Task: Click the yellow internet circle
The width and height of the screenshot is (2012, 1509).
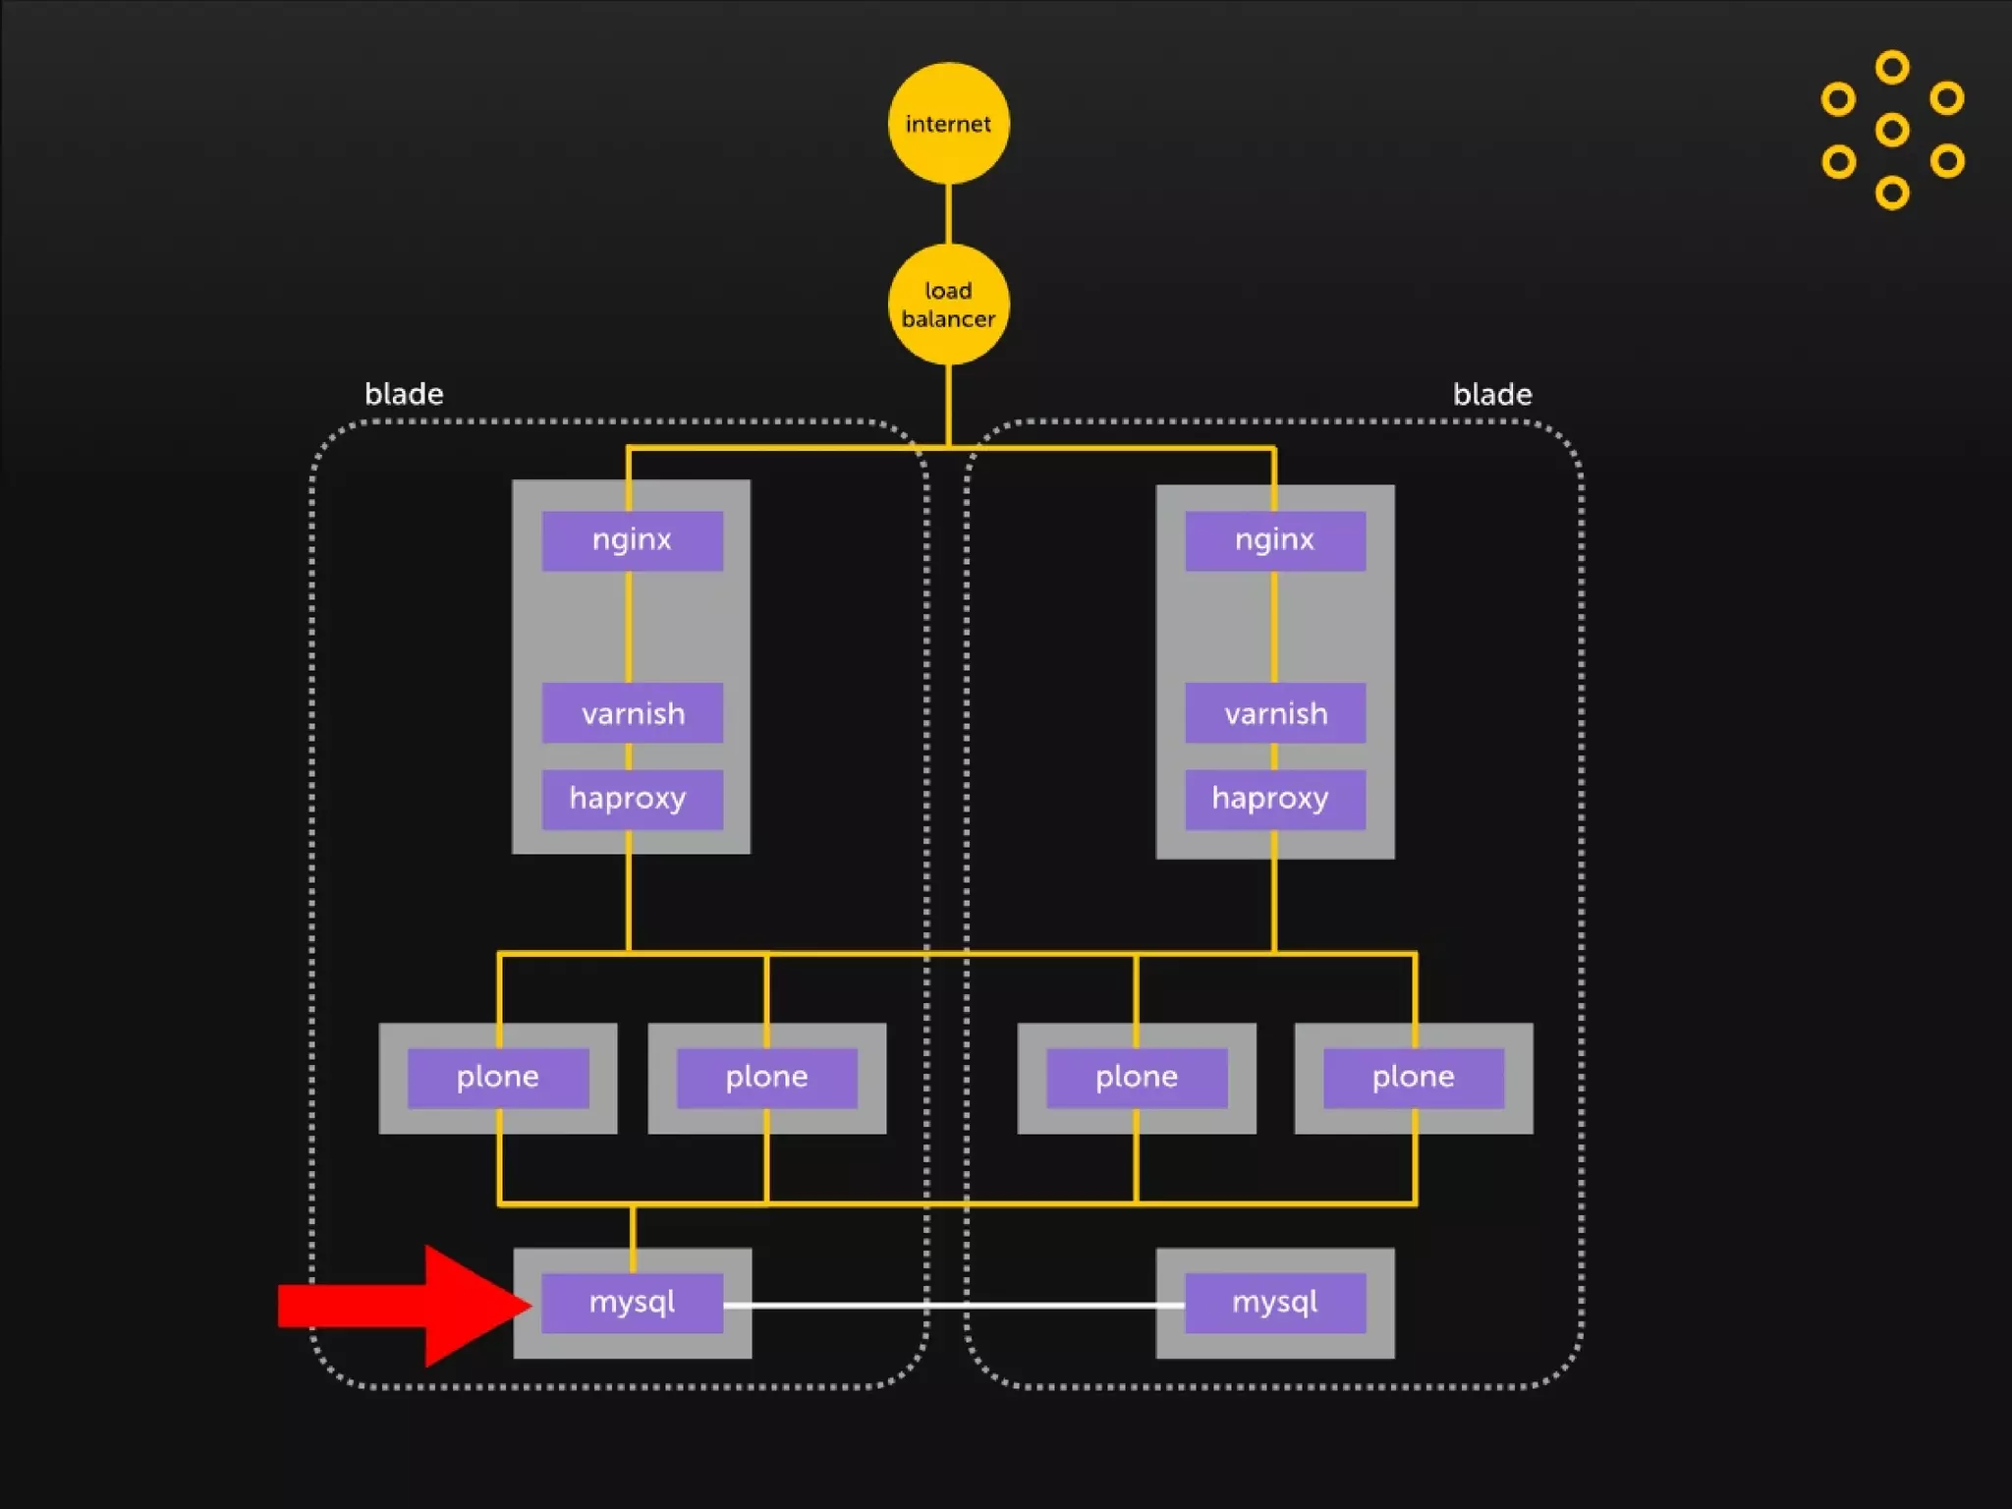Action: coord(948,124)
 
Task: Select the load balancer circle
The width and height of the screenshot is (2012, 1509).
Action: coord(948,305)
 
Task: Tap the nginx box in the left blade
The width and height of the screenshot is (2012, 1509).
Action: coord(632,540)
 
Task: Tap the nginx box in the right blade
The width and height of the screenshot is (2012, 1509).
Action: coord(1274,540)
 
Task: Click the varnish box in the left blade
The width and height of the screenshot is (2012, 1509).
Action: coord(632,713)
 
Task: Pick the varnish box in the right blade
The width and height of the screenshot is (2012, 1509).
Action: coord(1274,713)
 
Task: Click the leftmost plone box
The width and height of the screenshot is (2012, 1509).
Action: coord(498,1078)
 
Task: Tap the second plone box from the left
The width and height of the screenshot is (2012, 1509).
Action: coord(766,1078)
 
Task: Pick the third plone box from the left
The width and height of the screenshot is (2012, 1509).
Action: coord(1137,1078)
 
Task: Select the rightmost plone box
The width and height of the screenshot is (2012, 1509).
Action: coord(1413,1078)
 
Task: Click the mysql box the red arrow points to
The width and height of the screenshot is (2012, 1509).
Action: coord(632,1303)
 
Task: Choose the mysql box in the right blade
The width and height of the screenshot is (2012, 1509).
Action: coord(1274,1303)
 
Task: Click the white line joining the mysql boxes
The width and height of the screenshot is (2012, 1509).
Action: coord(953,1306)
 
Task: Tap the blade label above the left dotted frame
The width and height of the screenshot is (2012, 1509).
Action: coord(404,395)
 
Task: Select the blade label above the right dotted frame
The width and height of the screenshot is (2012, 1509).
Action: coord(1491,395)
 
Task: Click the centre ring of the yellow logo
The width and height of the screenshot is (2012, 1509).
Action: coord(1891,130)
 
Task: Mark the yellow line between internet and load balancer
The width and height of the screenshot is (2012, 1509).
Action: coord(948,214)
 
